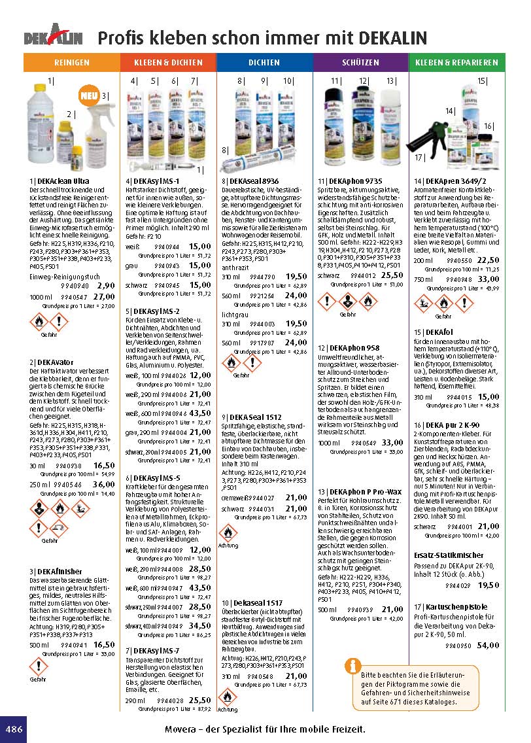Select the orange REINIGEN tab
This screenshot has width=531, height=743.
click(x=72, y=63)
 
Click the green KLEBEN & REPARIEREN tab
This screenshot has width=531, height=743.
click(x=456, y=63)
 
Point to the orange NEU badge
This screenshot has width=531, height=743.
click(x=90, y=96)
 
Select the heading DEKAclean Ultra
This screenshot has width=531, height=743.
click(x=60, y=181)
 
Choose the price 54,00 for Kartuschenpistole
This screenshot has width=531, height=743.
click(x=488, y=646)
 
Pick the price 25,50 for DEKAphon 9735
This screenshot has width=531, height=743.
click(x=392, y=276)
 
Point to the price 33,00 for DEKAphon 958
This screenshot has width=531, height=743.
click(x=392, y=443)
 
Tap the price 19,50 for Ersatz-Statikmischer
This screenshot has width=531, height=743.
click(x=488, y=585)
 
